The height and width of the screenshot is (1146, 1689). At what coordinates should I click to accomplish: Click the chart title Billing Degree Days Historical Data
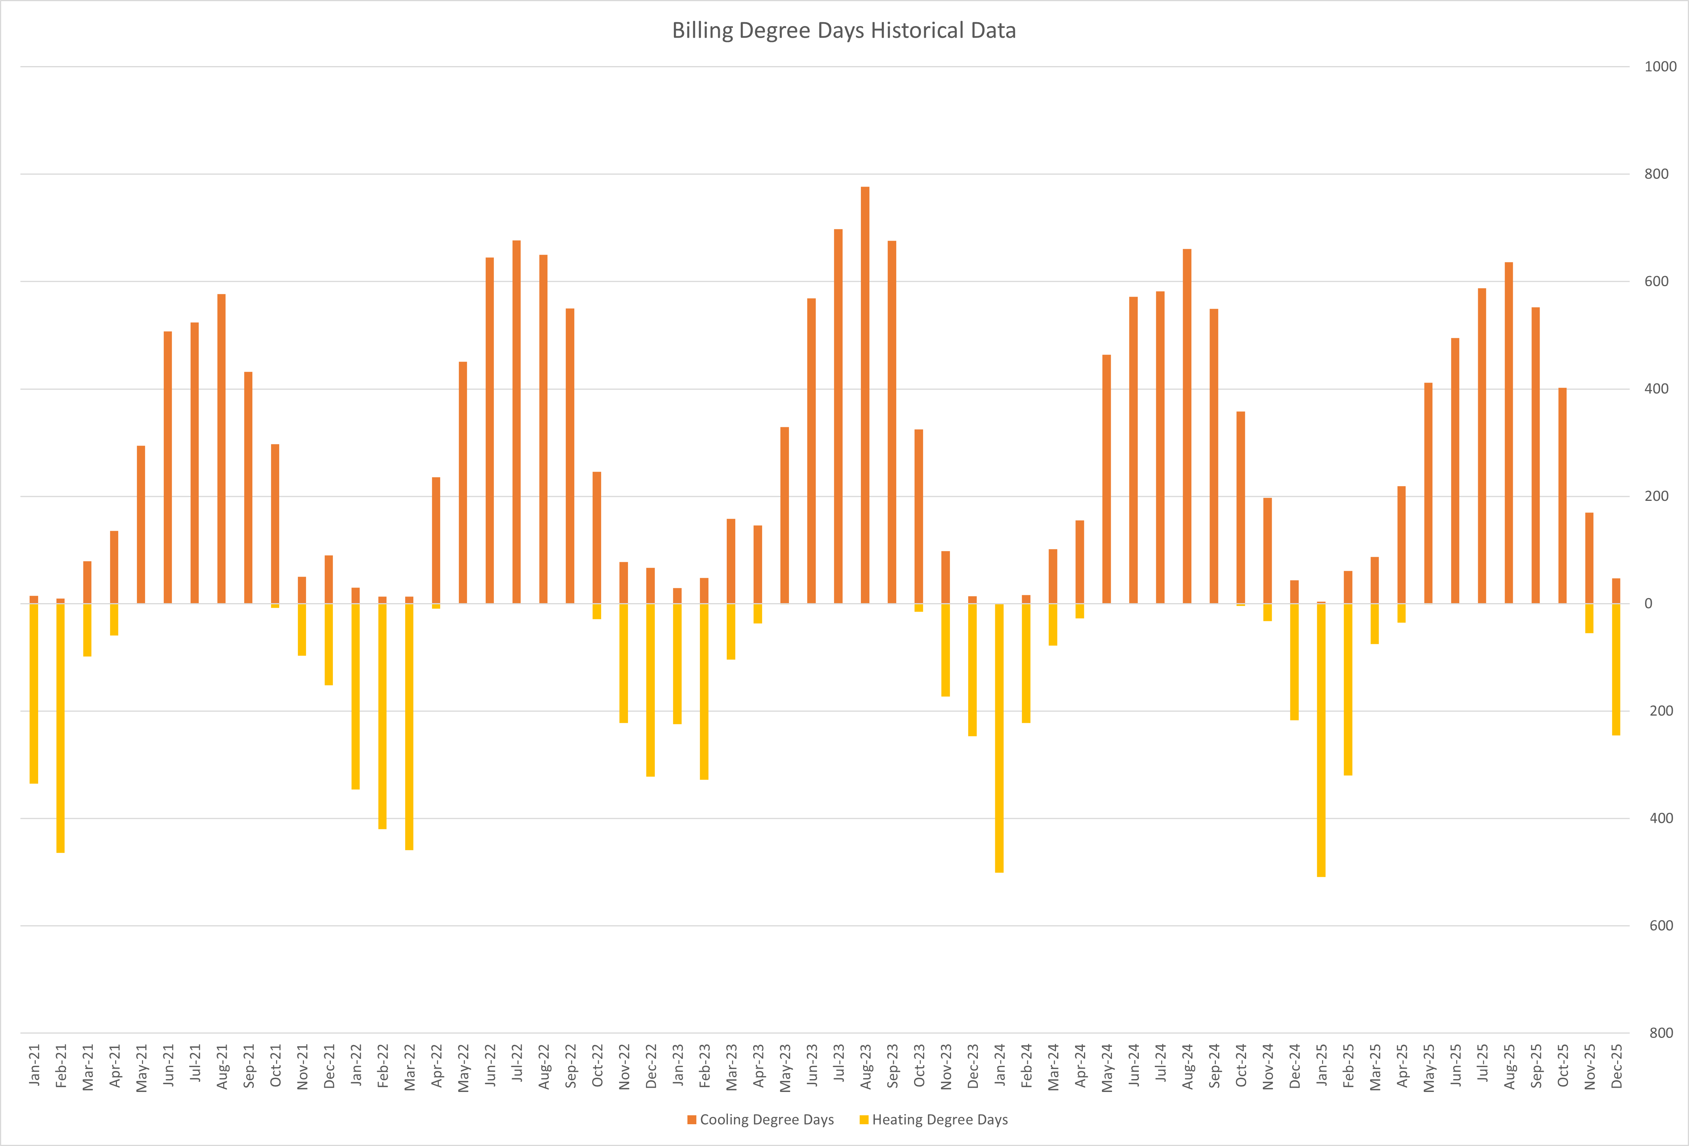click(x=844, y=30)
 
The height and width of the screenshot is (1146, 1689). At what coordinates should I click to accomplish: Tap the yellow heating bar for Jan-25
click(x=1321, y=740)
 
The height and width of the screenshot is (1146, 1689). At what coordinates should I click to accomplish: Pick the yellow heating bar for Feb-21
click(x=60, y=728)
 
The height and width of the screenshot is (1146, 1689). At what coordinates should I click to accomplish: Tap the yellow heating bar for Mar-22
click(x=409, y=727)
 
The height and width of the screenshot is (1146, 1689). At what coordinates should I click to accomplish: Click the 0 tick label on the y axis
click(x=1648, y=604)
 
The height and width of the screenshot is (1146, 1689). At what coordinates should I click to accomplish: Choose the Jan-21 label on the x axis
click(x=34, y=1066)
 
